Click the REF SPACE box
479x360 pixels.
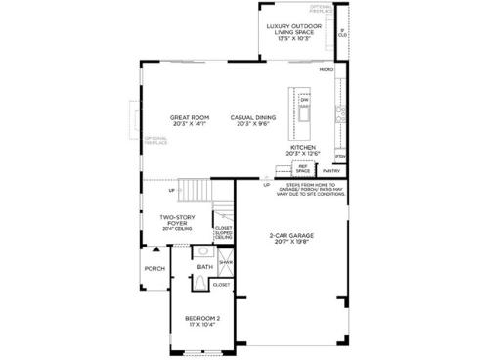pos(303,170)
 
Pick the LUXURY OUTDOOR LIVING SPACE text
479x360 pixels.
pos(291,31)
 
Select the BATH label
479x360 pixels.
pos(204,266)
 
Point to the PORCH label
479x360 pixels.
pos(154,269)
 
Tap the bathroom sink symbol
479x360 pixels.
pos(204,251)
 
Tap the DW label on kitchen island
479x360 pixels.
pos(305,102)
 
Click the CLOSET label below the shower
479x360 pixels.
pos(221,285)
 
